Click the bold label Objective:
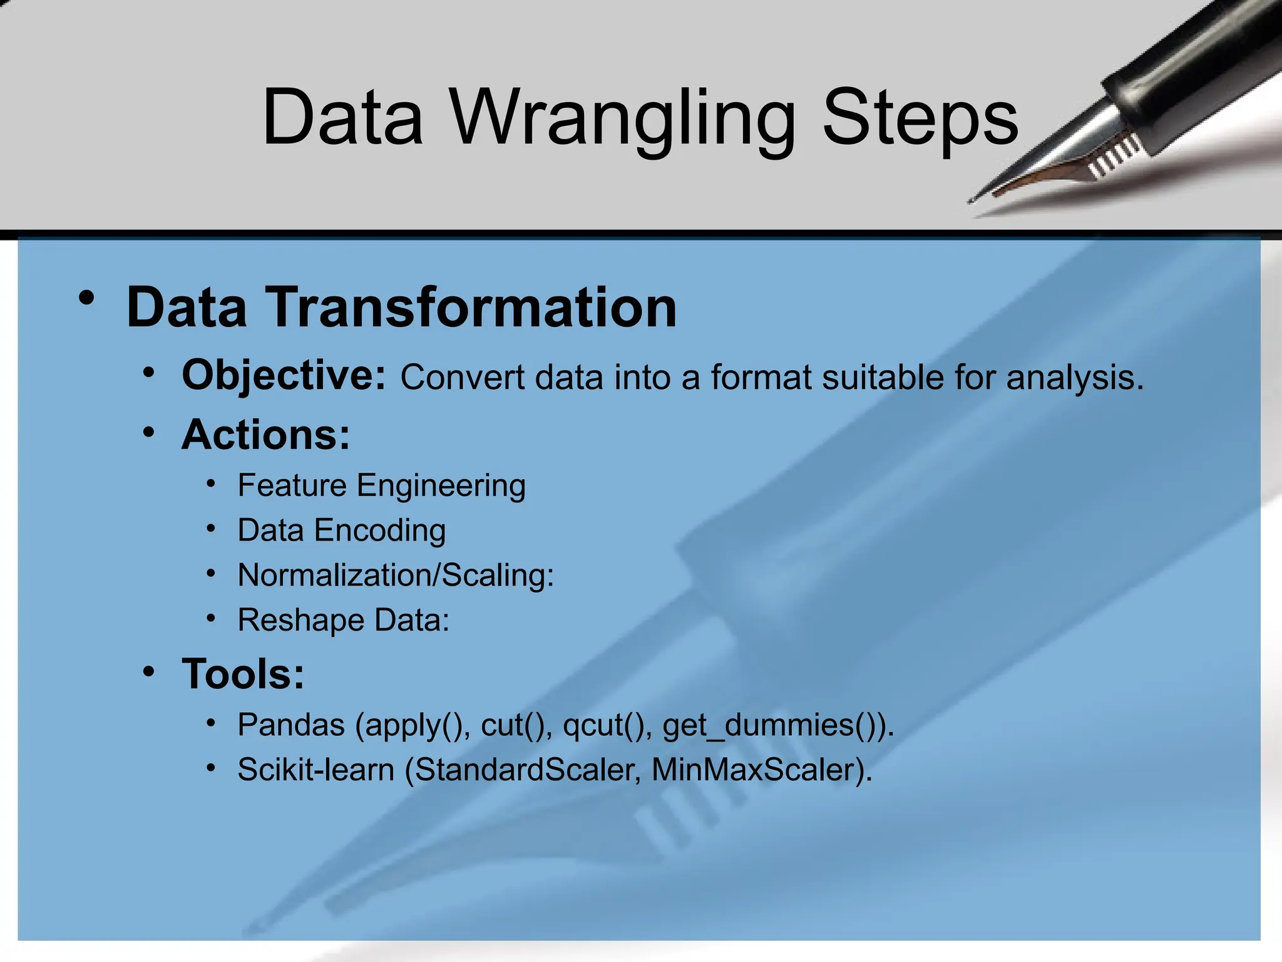pyautogui.click(x=284, y=375)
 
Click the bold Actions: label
pyautogui.click(x=265, y=434)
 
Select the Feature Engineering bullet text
pyautogui.click(x=381, y=485)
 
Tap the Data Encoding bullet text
pyautogui.click(x=341, y=530)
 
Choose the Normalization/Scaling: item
pyautogui.click(x=396, y=575)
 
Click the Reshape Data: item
pyautogui.click(x=343, y=620)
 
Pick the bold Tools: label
pyautogui.click(x=243, y=674)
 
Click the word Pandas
pyautogui.click(x=291, y=725)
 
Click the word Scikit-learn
pyautogui.click(x=315, y=770)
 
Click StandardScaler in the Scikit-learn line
pyautogui.click(x=526, y=770)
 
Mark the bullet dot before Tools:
pyautogui.click(x=148, y=672)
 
